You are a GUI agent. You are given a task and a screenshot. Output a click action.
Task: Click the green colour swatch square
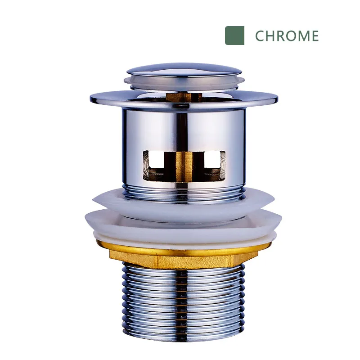click(234, 36)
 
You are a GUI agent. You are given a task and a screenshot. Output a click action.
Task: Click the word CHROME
click(287, 36)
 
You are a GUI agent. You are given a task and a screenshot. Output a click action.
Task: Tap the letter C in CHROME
click(260, 36)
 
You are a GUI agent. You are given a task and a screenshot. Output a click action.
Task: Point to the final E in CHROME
click(315, 36)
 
